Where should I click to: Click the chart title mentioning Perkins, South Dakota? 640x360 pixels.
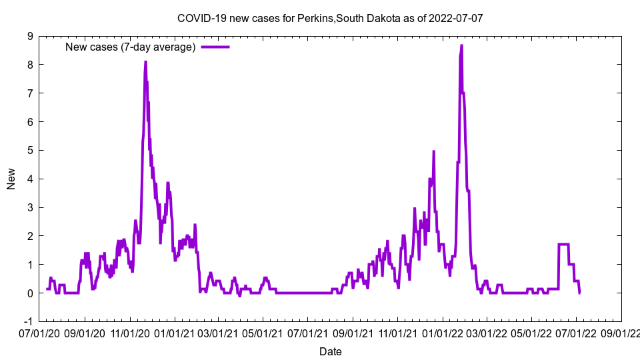click(330, 18)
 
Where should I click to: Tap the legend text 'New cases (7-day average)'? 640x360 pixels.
click(130, 47)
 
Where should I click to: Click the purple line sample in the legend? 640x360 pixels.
click(215, 47)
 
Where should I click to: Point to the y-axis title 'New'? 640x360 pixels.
click(11, 179)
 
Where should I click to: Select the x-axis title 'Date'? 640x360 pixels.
click(331, 351)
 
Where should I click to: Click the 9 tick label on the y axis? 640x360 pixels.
click(30, 36)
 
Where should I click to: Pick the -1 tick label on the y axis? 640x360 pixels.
click(28, 321)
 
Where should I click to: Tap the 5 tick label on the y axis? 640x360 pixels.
click(30, 150)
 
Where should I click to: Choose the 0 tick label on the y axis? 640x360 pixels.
click(30, 293)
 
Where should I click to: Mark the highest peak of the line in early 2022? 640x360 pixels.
click(461, 45)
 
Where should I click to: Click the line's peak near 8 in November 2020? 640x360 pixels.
click(145, 62)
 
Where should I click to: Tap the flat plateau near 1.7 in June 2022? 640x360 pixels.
click(563, 245)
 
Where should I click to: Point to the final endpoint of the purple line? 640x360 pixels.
click(579, 292)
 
